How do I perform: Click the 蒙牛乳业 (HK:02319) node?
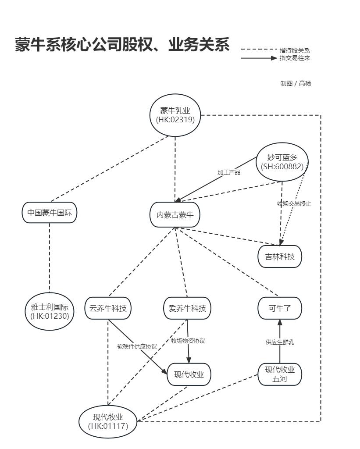pyautogui.click(x=175, y=115)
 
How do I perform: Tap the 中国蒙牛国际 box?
pyautogui.click(x=50, y=213)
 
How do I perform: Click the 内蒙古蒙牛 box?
pyautogui.click(x=175, y=215)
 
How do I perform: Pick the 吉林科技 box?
pyautogui.click(x=280, y=257)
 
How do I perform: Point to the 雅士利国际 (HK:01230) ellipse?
pyautogui.click(x=50, y=310)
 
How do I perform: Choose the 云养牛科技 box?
pyautogui.click(x=108, y=308)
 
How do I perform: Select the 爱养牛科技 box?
pyautogui.click(x=187, y=308)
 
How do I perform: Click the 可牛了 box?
pyautogui.click(x=280, y=308)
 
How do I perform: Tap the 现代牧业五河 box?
pyautogui.click(x=280, y=374)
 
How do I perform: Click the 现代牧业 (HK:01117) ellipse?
pyautogui.click(x=108, y=421)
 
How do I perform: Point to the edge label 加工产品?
pyautogui.click(x=229, y=172)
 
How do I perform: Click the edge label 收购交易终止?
pyautogui.click(x=294, y=203)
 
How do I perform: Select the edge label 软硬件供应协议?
pyautogui.click(x=137, y=346)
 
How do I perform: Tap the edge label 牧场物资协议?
pyautogui.click(x=188, y=341)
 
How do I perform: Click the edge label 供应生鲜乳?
pyautogui.click(x=280, y=342)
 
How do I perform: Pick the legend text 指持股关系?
pyautogui.click(x=295, y=50)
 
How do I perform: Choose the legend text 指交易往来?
pyautogui.click(x=295, y=57)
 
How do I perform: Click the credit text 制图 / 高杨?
pyautogui.click(x=296, y=83)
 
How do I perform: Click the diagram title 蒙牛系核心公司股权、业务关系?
pyautogui.click(x=122, y=45)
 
